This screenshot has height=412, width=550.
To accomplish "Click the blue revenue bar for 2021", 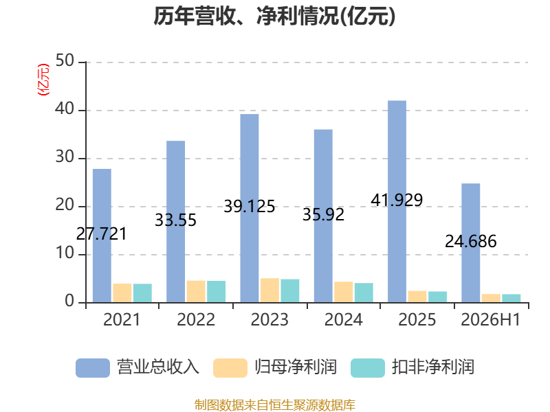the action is pyautogui.click(x=102, y=236).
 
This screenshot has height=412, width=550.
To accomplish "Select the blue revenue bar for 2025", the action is pyautogui.click(x=397, y=201).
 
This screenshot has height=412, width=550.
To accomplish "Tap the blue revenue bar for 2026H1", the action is pyautogui.click(x=471, y=243).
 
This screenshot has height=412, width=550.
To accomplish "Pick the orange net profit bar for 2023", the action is pyautogui.click(x=269, y=290).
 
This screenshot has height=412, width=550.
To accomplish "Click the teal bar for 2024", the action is pyautogui.click(x=364, y=293).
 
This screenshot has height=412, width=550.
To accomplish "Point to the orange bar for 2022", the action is pyautogui.click(x=196, y=291).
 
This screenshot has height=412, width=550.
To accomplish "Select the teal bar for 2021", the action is pyautogui.click(x=142, y=293).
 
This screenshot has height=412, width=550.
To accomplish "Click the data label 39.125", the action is pyautogui.click(x=250, y=207).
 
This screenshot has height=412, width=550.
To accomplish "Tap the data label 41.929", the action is pyautogui.click(x=397, y=200).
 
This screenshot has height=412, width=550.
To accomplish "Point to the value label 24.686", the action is pyautogui.click(x=471, y=242).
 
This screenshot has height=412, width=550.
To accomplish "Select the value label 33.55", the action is pyautogui.click(x=175, y=220).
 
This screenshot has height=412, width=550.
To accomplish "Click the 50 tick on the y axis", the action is pyautogui.click(x=65, y=61).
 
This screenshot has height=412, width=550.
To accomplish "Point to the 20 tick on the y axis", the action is pyautogui.click(x=65, y=205).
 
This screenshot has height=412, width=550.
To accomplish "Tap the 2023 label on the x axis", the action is pyautogui.click(x=269, y=319).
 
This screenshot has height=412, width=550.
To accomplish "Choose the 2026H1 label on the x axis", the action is pyautogui.click(x=491, y=319).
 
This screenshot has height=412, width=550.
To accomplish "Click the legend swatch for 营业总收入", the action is pyautogui.click(x=93, y=368).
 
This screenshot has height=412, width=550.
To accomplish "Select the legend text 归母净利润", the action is pyautogui.click(x=296, y=367).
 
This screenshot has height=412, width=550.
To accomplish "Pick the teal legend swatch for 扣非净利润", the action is pyautogui.click(x=368, y=368).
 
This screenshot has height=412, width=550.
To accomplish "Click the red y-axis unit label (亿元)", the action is pyautogui.click(x=43, y=80).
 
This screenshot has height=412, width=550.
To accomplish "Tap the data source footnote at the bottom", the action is pyautogui.click(x=275, y=405).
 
